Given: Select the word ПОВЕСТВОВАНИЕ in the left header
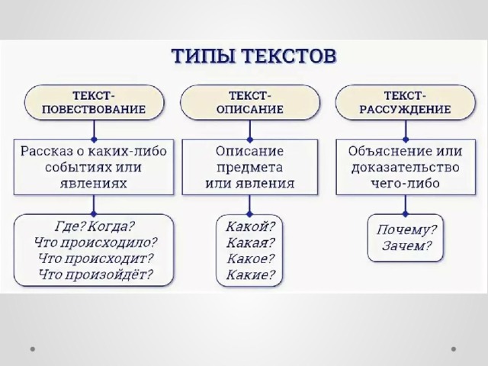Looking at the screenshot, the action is pyautogui.click(x=94, y=110).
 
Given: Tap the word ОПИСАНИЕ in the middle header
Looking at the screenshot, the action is pyautogui.click(x=250, y=110).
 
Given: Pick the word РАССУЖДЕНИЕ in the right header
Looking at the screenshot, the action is pyautogui.click(x=405, y=110).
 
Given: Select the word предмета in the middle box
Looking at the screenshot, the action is pyautogui.click(x=250, y=168).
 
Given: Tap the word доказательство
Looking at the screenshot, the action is pyautogui.click(x=405, y=168).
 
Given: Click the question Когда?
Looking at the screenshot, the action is pyautogui.click(x=111, y=226).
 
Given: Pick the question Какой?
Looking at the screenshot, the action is pyautogui.click(x=251, y=226).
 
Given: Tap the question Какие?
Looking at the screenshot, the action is pyautogui.click(x=251, y=274).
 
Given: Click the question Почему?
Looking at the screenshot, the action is pyautogui.click(x=406, y=230).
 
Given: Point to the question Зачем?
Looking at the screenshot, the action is pyautogui.click(x=406, y=246).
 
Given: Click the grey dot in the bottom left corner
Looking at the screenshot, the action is pyautogui.click(x=32, y=349).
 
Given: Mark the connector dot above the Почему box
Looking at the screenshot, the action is pyautogui.click(x=405, y=213).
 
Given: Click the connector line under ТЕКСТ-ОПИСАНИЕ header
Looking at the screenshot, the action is pyautogui.click(x=249, y=130).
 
